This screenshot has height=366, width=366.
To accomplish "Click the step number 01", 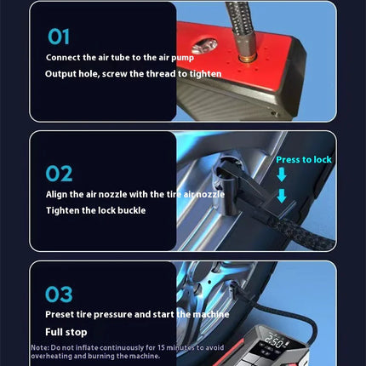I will point(59,37).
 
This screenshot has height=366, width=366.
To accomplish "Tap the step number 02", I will point(59,174).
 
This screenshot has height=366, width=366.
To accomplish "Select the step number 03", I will point(59,295).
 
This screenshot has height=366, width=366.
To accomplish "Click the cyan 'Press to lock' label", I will point(304,159).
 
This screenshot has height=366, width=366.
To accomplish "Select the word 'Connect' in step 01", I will point(66,58).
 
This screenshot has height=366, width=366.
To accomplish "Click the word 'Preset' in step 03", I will point(62,315).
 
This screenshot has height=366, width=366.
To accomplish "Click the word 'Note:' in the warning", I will point(41,347).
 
